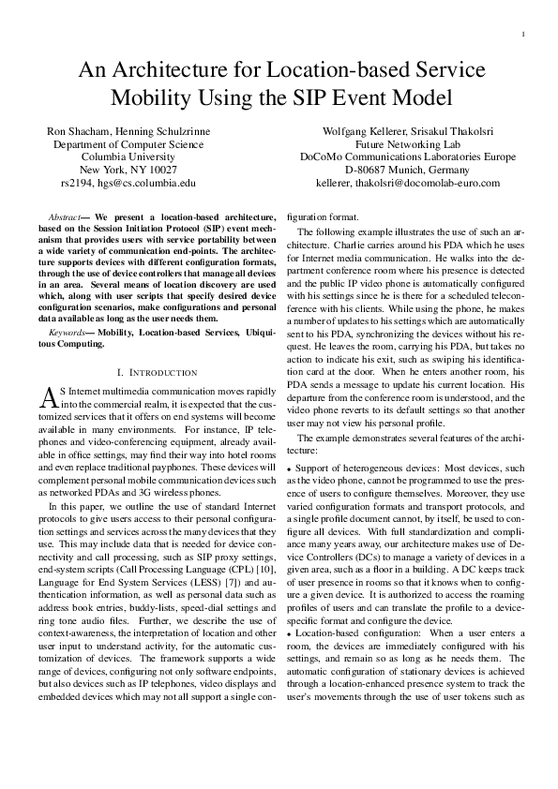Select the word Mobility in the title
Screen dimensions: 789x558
pyautogui.click(x=158, y=97)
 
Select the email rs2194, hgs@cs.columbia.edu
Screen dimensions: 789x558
pyautogui.click(x=128, y=184)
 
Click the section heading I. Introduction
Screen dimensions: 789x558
pyautogui.click(x=159, y=373)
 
